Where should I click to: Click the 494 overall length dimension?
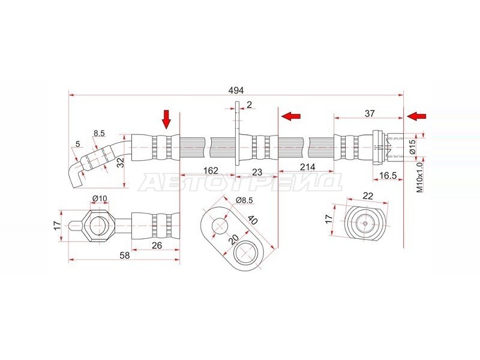236,91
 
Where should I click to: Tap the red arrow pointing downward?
166,119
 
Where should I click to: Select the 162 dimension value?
211,170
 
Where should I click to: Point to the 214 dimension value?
307,167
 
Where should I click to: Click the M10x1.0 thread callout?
419,177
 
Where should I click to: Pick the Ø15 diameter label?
412,146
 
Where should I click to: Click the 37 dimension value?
370,113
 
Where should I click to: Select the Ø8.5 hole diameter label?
244,200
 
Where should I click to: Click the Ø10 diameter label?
100,199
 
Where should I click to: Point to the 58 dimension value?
125,256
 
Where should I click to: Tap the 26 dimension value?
157,245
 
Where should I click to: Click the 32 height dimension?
121,162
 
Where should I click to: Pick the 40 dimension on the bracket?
253,220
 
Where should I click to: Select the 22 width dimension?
368,196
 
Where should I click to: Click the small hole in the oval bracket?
220,226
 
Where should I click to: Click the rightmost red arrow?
416,116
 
